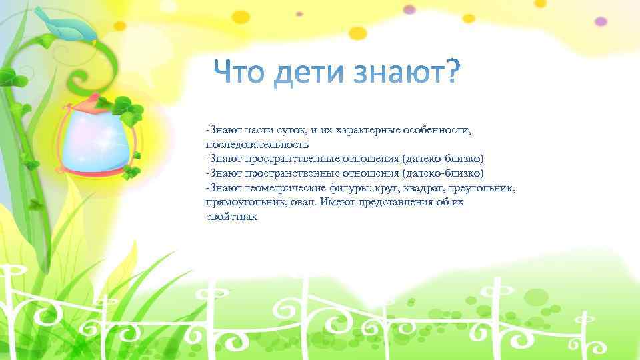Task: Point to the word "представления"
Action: point(391,203)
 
